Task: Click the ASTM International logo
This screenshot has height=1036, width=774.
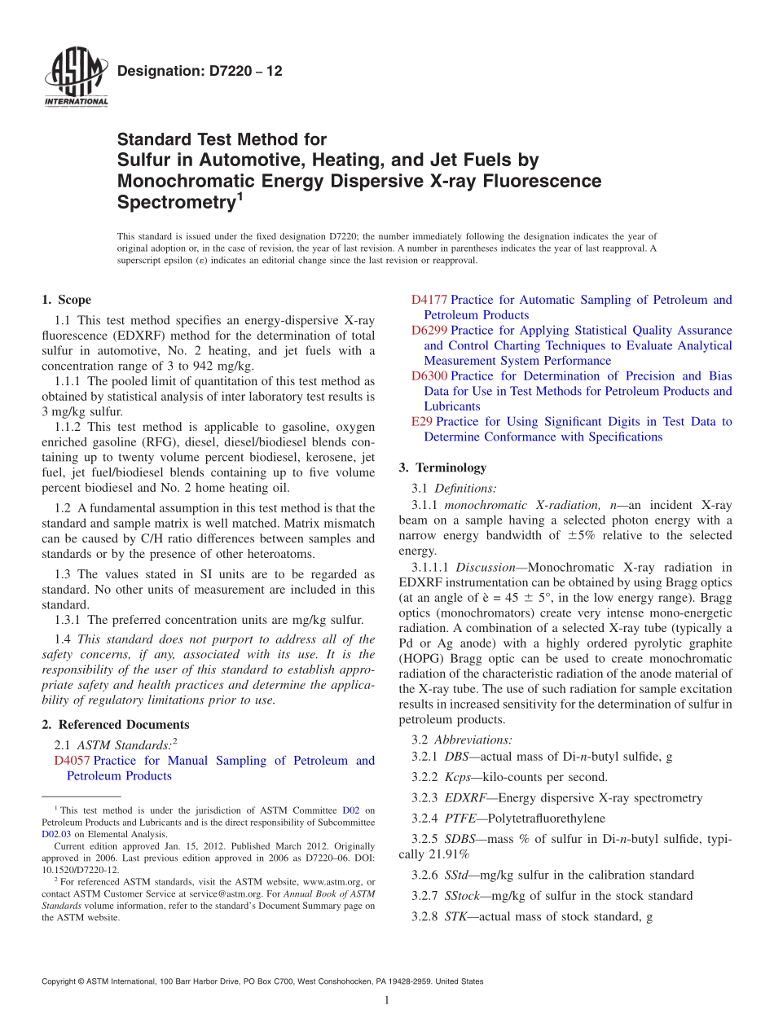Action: [x=76, y=77]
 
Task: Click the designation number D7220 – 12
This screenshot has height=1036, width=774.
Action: [x=200, y=72]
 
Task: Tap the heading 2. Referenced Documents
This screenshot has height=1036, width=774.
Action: [x=116, y=725]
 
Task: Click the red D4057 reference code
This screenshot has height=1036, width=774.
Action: [x=72, y=761]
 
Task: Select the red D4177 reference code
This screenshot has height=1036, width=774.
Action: [x=429, y=300]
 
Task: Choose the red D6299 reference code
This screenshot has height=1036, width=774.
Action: [x=429, y=331]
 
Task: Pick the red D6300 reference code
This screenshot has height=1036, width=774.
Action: [x=429, y=376]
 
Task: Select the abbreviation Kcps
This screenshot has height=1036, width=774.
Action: [x=460, y=778]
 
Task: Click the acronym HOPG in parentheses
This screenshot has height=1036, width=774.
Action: [x=421, y=658]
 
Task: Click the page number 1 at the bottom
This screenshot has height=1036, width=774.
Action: [x=386, y=1001]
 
